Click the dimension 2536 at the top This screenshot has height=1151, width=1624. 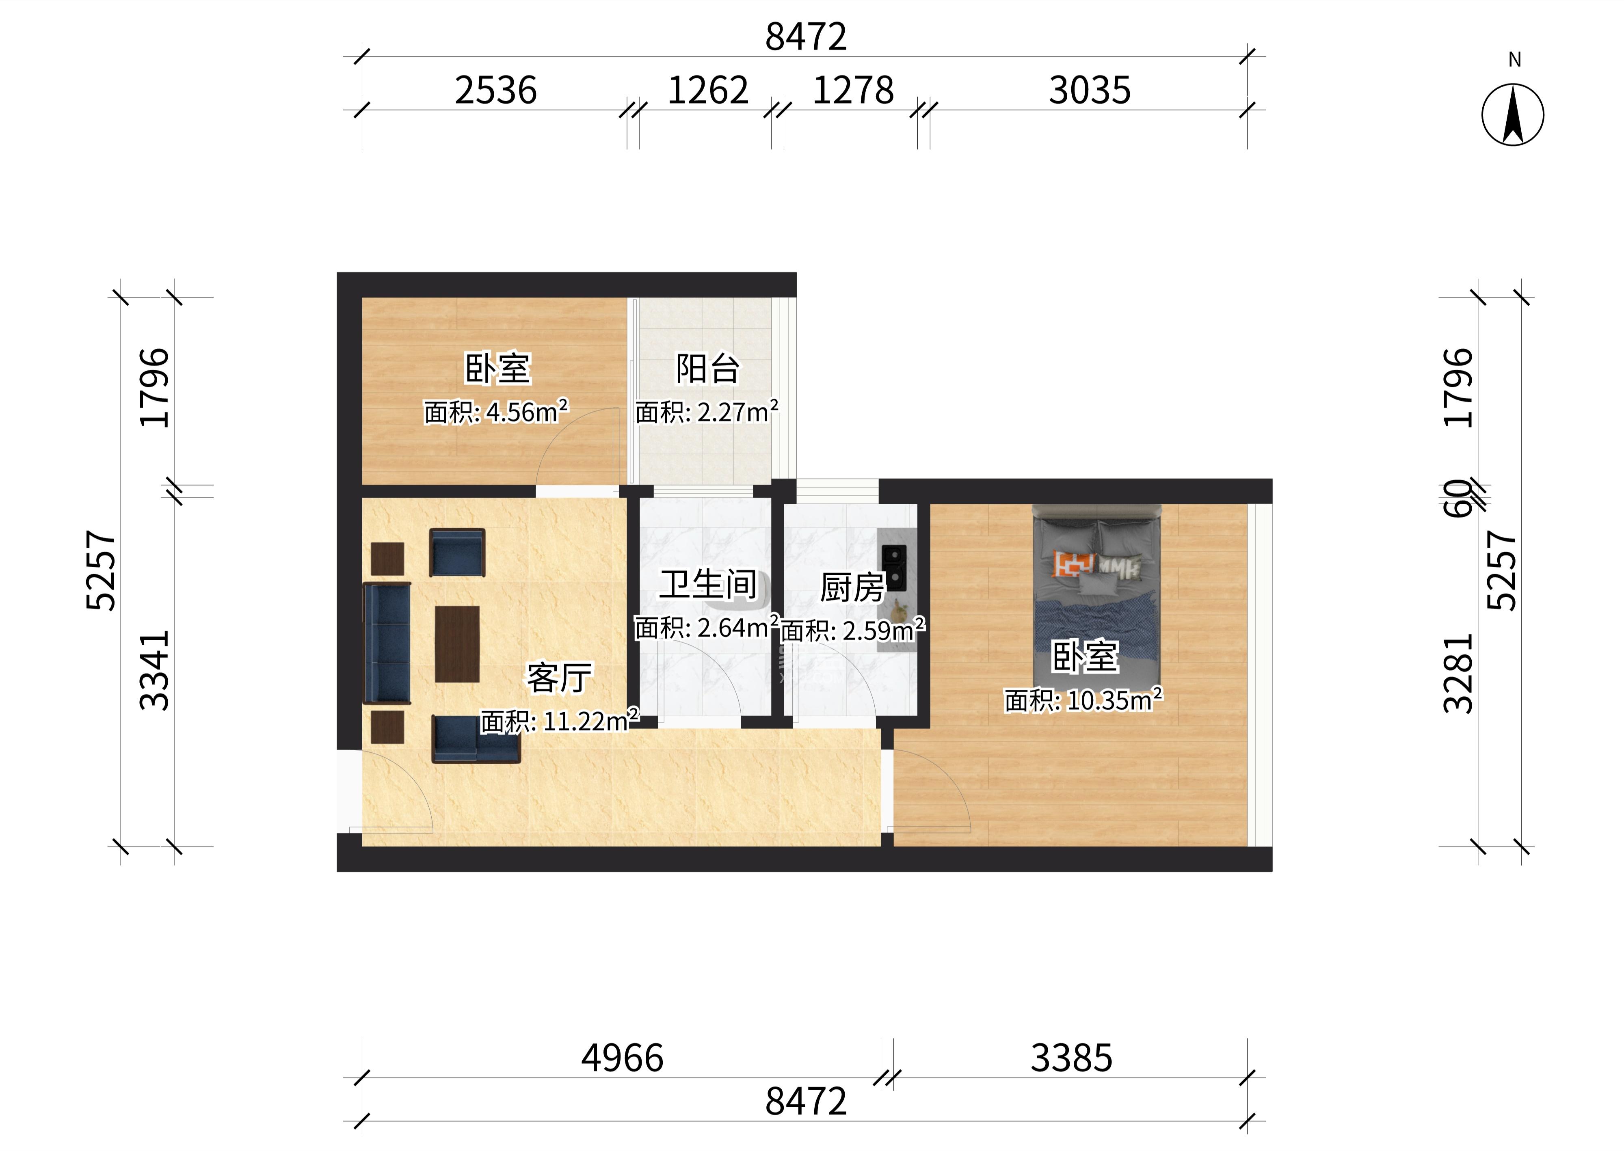(x=495, y=91)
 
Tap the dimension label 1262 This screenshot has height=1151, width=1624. (x=707, y=91)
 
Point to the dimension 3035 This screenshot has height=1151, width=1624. (x=1090, y=91)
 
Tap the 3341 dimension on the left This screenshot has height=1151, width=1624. (x=155, y=670)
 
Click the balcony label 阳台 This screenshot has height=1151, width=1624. (x=707, y=369)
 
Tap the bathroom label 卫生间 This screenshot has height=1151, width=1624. (x=708, y=585)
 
